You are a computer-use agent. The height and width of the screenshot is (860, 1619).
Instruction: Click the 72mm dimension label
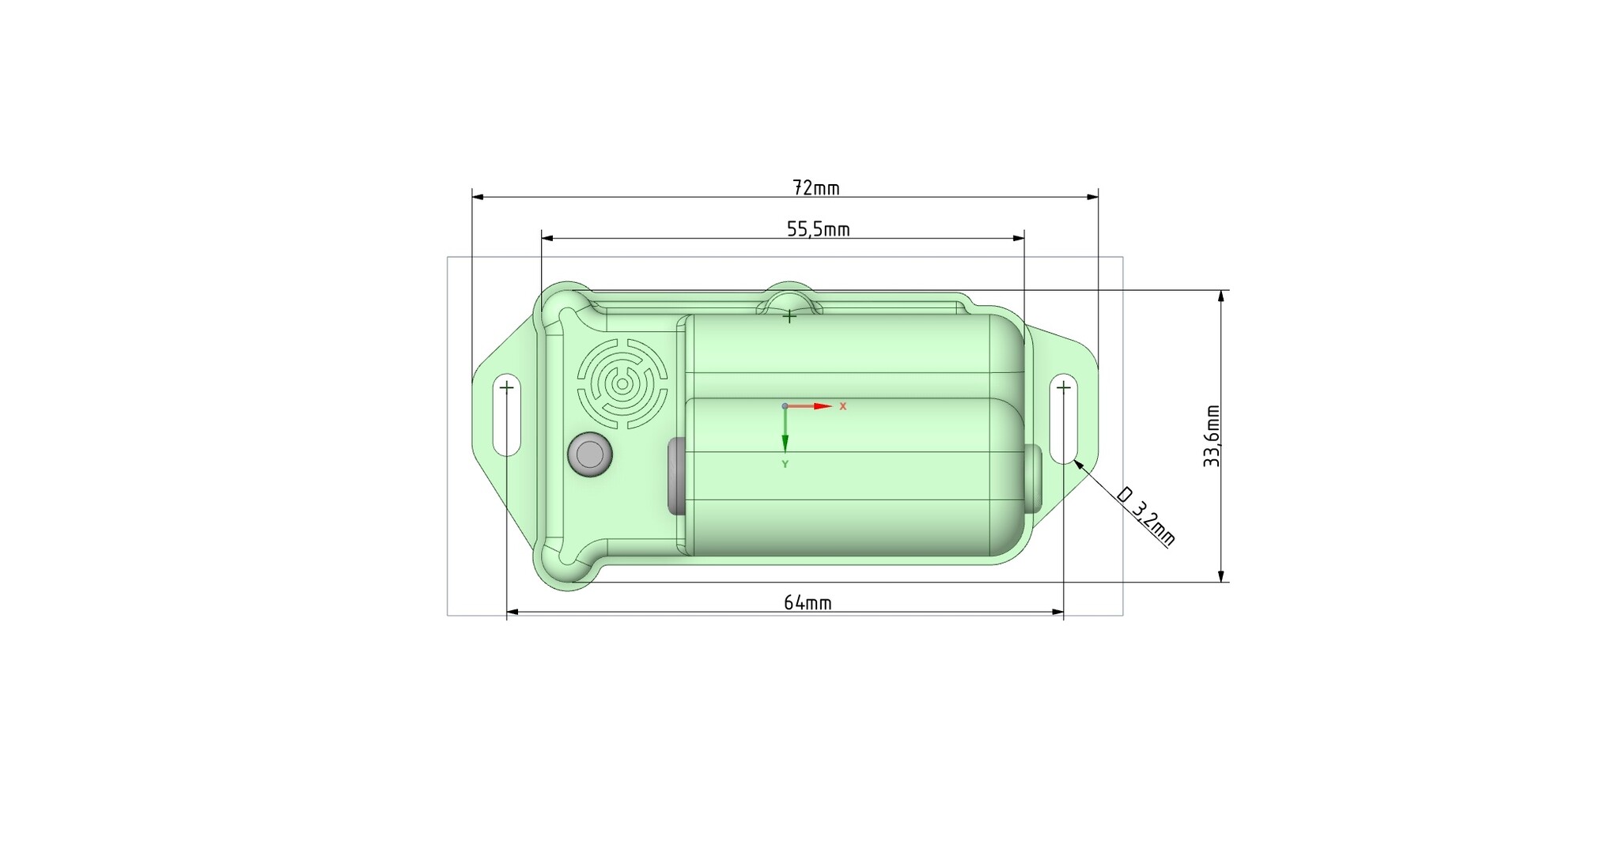click(x=815, y=188)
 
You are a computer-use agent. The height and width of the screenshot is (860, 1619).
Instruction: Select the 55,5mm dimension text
click(x=818, y=229)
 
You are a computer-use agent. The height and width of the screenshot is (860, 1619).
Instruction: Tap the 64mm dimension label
click(x=808, y=603)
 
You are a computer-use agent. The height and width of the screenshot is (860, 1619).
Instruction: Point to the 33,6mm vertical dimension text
click(x=1212, y=436)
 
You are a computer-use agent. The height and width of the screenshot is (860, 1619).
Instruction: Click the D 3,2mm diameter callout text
click(x=1146, y=517)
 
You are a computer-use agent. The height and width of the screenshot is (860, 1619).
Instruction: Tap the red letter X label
click(x=843, y=406)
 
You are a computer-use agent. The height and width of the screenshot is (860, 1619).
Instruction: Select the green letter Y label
click(x=785, y=465)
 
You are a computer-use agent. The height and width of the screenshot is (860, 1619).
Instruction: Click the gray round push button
click(x=590, y=455)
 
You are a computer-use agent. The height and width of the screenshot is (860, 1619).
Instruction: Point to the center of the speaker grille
click(x=622, y=384)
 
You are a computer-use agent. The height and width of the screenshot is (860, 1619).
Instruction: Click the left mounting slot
click(x=506, y=415)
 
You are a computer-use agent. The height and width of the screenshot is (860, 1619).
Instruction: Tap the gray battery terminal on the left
click(x=676, y=476)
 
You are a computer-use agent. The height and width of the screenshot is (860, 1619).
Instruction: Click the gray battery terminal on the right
click(x=1033, y=478)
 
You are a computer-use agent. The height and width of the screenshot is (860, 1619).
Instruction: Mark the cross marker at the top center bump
click(x=789, y=316)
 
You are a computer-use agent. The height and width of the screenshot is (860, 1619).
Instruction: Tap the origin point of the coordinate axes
click(x=785, y=406)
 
